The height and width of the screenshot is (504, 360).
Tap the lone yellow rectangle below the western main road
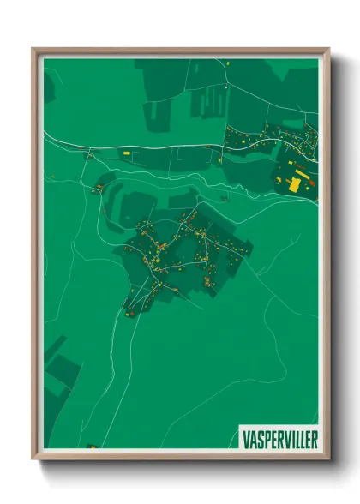pyautogui.click(x=126, y=153)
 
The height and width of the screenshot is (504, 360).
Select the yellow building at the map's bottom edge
pyautogui.click(x=92, y=447)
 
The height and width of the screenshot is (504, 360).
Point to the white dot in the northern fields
pyautogui.click(x=225, y=87)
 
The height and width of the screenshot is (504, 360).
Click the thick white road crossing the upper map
pyautogui.click(x=171, y=147)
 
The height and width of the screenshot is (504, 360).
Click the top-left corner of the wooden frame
pyautogui.click(x=33, y=49)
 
